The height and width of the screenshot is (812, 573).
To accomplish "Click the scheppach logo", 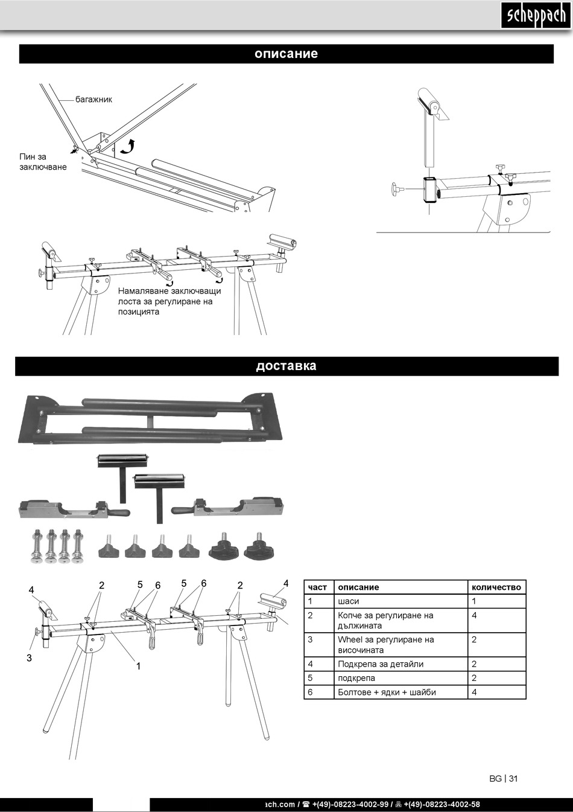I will tap(535, 16).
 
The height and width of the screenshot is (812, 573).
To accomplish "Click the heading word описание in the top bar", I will tap(286, 54).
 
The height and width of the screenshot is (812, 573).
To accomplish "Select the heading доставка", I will tap(286, 366).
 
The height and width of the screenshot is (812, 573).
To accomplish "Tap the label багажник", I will tap(93, 99).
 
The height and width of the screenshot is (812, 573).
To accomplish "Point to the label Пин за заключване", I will tap(42, 162).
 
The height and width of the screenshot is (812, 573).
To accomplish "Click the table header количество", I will tap(496, 587).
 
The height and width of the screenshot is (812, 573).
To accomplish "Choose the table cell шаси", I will tap(349, 601).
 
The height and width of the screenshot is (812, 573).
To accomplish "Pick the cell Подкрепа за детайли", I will tap(381, 664).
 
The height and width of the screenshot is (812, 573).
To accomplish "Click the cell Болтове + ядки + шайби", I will tap(387, 692).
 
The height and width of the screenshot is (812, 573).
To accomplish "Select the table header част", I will tap(317, 587).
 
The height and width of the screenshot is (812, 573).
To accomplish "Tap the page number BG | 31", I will tap(503, 778).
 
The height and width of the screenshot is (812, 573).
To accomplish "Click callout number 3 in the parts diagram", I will tap(29, 657).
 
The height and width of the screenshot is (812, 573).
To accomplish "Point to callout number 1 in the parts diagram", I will tap(138, 667).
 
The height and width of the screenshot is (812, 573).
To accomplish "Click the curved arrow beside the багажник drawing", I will tap(127, 145).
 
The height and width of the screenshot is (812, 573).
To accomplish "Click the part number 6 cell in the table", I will tap(310, 692).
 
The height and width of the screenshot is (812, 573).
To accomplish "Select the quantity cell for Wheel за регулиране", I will tap(474, 640).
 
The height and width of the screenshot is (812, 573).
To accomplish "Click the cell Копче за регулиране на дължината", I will tap(385, 620).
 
